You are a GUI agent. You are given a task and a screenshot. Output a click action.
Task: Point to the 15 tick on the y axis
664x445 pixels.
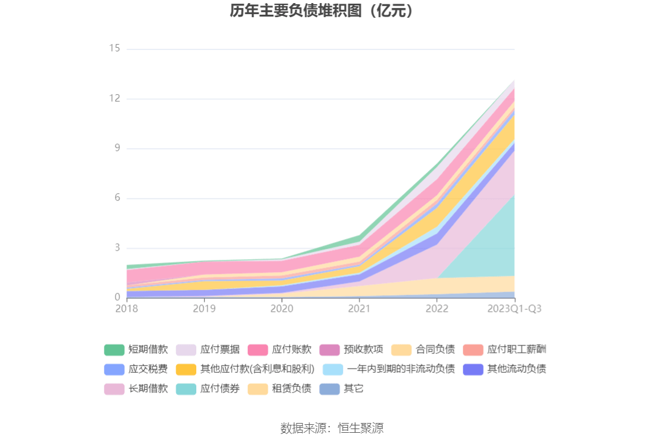tap(114, 48)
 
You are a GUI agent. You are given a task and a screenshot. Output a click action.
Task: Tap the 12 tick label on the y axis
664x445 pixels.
tap(114, 98)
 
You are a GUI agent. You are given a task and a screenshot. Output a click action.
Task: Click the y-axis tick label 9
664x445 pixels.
tap(117, 149)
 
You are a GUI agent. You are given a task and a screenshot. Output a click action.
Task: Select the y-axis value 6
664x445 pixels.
tap(117, 198)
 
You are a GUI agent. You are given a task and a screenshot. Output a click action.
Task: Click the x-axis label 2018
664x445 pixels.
tap(127, 309)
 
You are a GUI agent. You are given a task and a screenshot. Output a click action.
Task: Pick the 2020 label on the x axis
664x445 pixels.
tap(282, 309)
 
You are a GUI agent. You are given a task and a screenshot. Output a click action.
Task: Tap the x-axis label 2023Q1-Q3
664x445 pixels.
tap(514, 309)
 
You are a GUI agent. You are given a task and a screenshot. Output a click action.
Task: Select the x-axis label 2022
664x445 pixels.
tap(437, 309)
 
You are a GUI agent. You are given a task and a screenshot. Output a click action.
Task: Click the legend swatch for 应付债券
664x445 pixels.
tap(186, 389)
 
